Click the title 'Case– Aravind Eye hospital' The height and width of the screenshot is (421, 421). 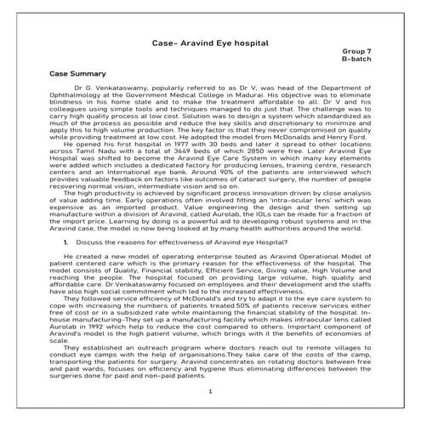click(x=210, y=41)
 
